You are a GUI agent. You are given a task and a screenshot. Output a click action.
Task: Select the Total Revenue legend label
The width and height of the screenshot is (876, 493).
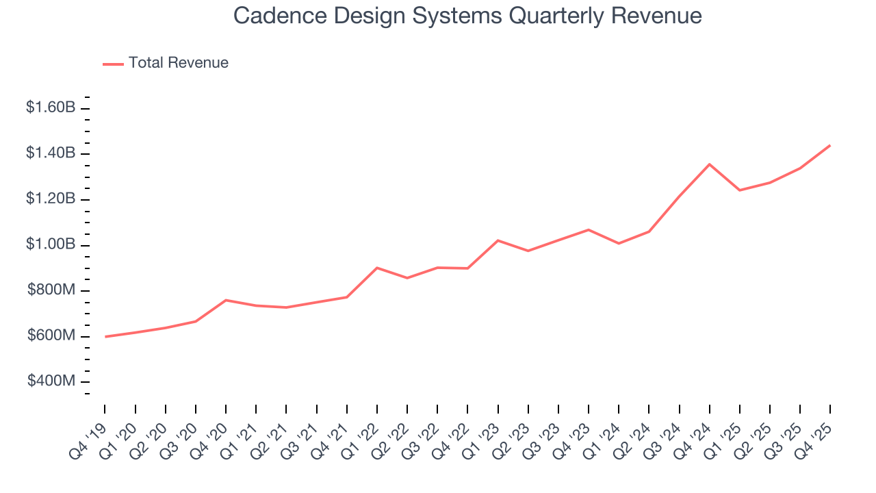tap(178, 63)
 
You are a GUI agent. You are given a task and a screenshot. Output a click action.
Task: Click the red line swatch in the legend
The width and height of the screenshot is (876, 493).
tap(113, 64)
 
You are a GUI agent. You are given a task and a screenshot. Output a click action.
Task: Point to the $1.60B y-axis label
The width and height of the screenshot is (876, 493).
tap(51, 108)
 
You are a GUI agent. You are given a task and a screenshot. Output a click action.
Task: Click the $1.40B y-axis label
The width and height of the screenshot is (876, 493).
tap(51, 153)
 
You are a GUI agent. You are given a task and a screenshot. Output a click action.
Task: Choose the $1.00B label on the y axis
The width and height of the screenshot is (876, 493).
tap(51, 244)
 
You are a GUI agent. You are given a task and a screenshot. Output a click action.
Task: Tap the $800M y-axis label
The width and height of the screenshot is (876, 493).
tap(51, 290)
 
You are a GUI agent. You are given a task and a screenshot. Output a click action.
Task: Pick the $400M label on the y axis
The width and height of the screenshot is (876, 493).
tap(51, 381)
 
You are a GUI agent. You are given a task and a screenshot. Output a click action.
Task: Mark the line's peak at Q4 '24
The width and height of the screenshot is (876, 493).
tap(709, 164)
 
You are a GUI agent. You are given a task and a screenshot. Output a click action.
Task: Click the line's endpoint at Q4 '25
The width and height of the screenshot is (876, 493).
tap(830, 145)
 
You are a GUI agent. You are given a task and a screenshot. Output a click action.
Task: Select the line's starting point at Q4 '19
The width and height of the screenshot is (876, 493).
tap(105, 336)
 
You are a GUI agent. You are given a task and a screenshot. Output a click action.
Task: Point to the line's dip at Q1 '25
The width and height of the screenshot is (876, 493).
tap(740, 190)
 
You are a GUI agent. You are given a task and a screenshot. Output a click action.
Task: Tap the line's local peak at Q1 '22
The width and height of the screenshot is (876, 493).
tap(377, 268)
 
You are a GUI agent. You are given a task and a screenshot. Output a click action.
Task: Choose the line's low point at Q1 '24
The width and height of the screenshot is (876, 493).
tap(619, 243)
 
